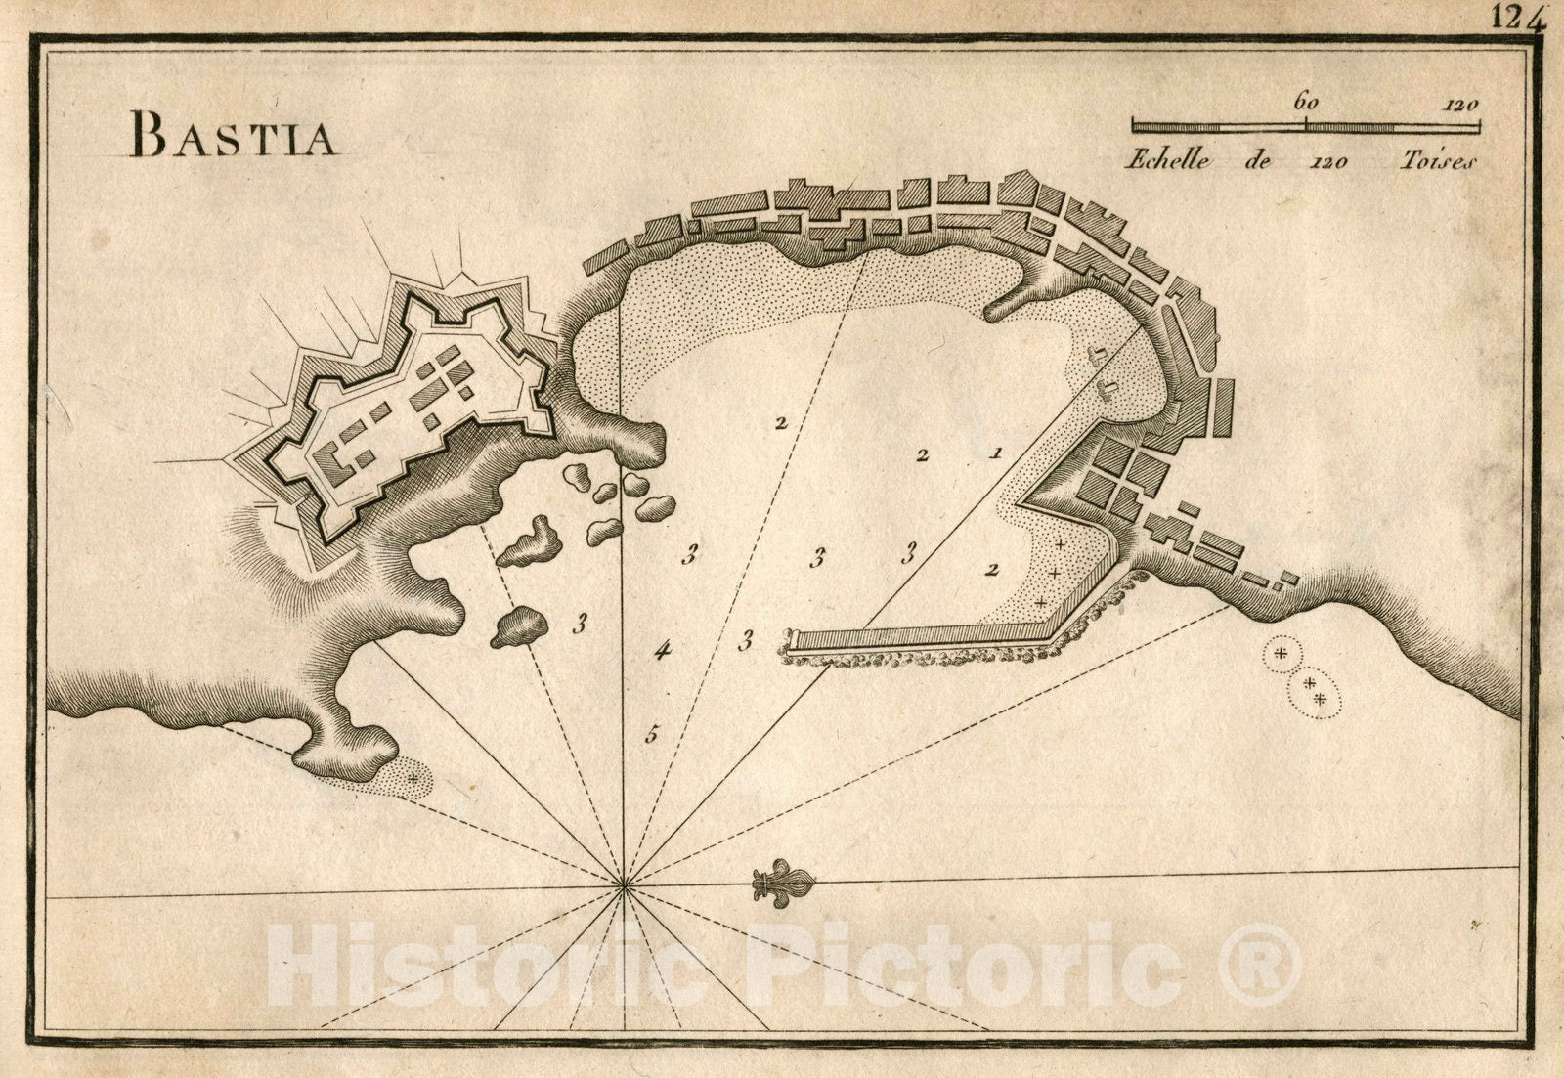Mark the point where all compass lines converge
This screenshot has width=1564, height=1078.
pos(624,886)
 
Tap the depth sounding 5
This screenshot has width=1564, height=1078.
pos(652,735)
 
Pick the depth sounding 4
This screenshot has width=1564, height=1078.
pos(664,649)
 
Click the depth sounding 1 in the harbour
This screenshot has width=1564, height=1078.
pos(995,453)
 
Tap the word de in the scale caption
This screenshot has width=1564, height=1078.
pos(1258,160)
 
